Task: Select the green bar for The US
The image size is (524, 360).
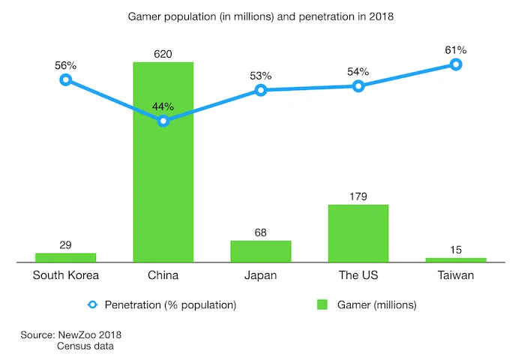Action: pos(358,233)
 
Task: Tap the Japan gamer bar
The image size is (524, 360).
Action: pos(261,251)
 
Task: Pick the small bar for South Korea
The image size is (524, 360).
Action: pos(66,257)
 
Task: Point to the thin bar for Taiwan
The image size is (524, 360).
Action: pos(456,259)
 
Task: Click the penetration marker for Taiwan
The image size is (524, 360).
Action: pos(456,64)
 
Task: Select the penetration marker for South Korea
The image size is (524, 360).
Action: pos(66,79)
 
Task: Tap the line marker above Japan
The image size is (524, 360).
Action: pos(261,90)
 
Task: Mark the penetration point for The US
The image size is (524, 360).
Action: pos(358,86)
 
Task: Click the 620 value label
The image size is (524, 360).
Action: pos(163,53)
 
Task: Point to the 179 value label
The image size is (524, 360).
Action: pos(358,196)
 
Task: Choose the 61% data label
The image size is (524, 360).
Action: pos(456,50)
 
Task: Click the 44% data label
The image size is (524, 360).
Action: pos(163,106)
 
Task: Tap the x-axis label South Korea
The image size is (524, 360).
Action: pos(66,275)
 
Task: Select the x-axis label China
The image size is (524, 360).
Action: pos(163,275)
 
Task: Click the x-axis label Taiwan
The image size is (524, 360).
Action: pos(456,275)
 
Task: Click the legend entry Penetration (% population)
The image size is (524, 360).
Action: pos(170,304)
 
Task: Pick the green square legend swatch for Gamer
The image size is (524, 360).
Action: pos(322,304)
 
